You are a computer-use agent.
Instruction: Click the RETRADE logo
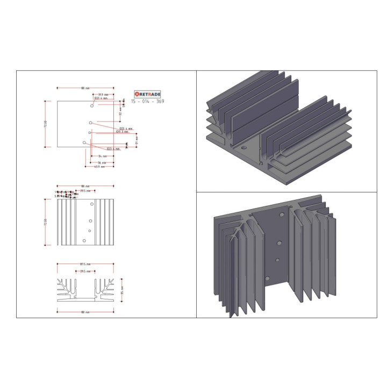[x=148, y=94]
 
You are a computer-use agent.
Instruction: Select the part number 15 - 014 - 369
[x=148, y=101]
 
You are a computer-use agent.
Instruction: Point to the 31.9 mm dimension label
[x=103, y=95]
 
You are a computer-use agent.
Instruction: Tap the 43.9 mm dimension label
[x=99, y=167]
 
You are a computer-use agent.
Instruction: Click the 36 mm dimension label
[x=102, y=162]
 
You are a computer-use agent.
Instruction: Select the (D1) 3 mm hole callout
[x=122, y=132]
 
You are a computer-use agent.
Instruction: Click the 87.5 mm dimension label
[x=84, y=264]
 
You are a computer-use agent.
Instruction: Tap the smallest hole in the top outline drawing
[x=89, y=132]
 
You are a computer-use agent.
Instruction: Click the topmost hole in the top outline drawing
[x=92, y=106]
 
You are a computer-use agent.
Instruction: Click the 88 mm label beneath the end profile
[x=84, y=312]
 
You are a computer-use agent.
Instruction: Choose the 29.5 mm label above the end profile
[x=84, y=271]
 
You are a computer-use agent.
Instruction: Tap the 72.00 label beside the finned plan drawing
[x=46, y=221]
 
